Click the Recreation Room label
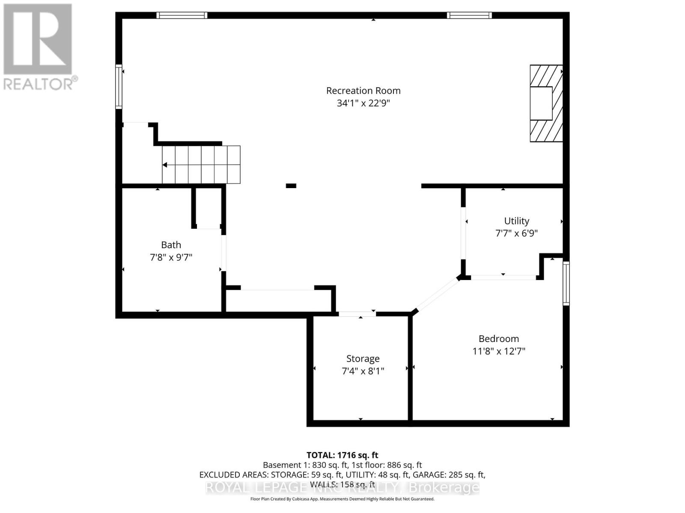click(x=363, y=91)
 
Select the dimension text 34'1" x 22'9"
click(x=363, y=103)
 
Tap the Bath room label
click(x=171, y=245)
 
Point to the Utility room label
click(x=516, y=221)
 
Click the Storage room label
click(x=363, y=359)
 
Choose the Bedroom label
click(x=499, y=339)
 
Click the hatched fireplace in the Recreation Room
click(x=546, y=103)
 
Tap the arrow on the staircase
click(x=165, y=165)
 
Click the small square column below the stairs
click(x=291, y=186)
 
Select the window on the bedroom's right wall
click(x=566, y=283)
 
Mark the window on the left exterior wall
click(x=119, y=86)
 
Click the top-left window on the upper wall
click(x=182, y=15)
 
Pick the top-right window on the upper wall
click(x=469, y=15)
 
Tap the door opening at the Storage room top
click(x=357, y=314)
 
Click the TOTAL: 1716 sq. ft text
click(x=342, y=455)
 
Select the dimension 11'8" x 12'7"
click(x=499, y=351)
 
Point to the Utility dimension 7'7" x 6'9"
click(x=516, y=233)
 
